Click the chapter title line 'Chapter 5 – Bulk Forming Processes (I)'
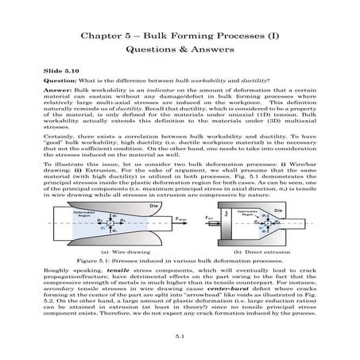tap(180, 37)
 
